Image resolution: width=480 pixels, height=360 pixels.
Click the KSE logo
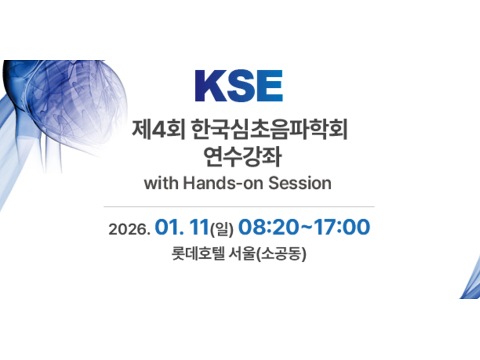[238, 86]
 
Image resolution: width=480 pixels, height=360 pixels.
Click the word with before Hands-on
[159, 183]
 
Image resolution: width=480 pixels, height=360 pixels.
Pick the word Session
[300, 183]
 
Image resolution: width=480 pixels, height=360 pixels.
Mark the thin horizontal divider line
[238, 206]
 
